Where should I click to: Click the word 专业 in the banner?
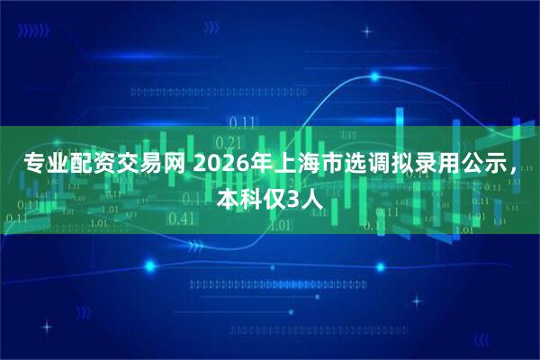click(x=40, y=165)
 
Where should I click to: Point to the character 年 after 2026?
click(x=252, y=165)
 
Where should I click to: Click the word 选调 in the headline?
click(x=361, y=165)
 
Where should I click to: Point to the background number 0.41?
click(x=181, y=218)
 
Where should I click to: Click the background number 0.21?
click(x=230, y=142)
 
